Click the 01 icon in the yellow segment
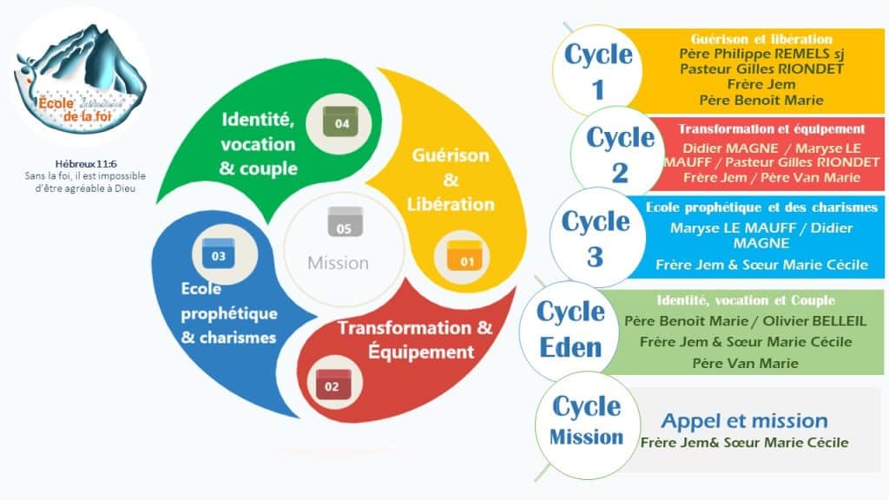pyautogui.click(x=464, y=257)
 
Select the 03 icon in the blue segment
pyautogui.click(x=219, y=253)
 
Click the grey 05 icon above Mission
pyautogui.click(x=345, y=221)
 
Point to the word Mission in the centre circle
pyautogui.click(x=338, y=263)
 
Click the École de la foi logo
pyautogui.click(x=82, y=76)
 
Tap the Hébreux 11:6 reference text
pyautogui.click(x=86, y=164)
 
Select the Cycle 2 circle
pyautogui.click(x=619, y=153)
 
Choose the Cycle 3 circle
pyautogui.click(x=596, y=238)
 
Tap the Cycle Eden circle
pyautogui.click(x=570, y=330)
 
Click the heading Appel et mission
pyautogui.click(x=744, y=421)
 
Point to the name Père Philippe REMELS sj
pyautogui.click(x=761, y=54)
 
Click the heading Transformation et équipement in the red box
pyautogui.click(x=772, y=129)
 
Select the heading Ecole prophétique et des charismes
pyautogui.click(x=761, y=207)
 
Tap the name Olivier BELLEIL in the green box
pyautogui.click(x=814, y=321)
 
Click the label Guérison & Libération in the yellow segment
pyautogui.click(x=451, y=180)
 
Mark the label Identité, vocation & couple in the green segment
pyautogui.click(x=259, y=144)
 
